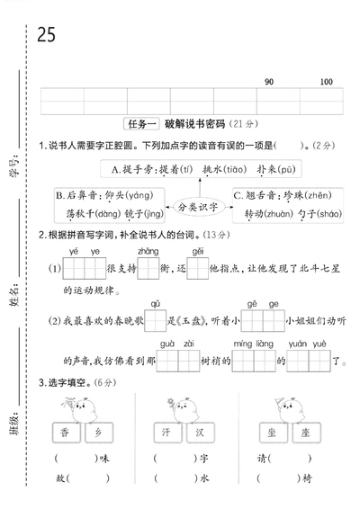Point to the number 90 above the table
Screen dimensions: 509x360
(268, 83)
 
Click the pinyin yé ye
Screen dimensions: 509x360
(85, 251)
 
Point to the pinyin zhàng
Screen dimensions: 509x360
(148, 251)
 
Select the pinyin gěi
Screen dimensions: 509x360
(197, 251)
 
